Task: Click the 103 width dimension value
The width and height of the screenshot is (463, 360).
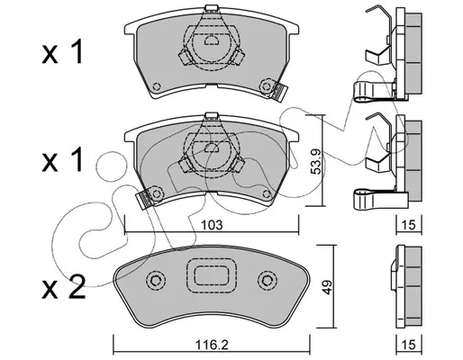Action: (x=212, y=225)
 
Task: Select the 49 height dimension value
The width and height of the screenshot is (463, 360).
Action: (x=327, y=287)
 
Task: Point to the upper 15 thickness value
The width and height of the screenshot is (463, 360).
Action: (x=409, y=225)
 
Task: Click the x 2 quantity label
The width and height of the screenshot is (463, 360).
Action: (x=64, y=287)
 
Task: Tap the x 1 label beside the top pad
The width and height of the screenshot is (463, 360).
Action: (x=62, y=52)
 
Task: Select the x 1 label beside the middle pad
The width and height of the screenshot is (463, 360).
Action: (x=62, y=160)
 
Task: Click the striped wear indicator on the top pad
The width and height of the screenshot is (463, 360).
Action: (x=280, y=92)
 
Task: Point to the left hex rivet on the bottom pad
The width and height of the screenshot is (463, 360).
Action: (x=156, y=281)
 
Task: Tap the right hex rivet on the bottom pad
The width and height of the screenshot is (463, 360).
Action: (x=267, y=281)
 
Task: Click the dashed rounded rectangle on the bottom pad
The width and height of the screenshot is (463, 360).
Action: (x=212, y=276)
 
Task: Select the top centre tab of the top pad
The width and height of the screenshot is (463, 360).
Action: (x=212, y=8)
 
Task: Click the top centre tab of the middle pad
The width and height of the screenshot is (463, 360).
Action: (x=212, y=116)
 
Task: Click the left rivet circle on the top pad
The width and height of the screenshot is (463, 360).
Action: (x=157, y=86)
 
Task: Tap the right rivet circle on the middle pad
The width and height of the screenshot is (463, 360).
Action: (x=266, y=194)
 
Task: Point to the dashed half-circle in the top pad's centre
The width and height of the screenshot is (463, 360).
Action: (x=212, y=40)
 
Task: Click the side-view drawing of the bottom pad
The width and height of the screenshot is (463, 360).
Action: (x=406, y=287)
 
